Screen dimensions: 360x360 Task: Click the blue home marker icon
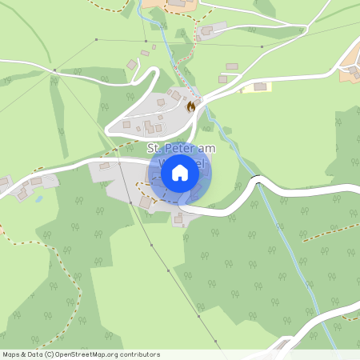pyautogui.click(x=180, y=172)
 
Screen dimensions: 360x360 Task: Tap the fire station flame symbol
pyautogui.click(x=190, y=106)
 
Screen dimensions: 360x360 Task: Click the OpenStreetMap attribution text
pyautogui.click(x=81, y=354)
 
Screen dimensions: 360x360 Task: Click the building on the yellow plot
pyautogui.click(x=260, y=86)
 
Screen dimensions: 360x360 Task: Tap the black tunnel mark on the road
pyautogui.click(x=256, y=178)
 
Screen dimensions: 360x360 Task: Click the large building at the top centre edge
pyautogui.click(x=177, y=3)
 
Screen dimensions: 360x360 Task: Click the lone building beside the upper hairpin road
pyautogui.click(x=132, y=64)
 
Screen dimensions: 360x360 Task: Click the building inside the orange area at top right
pyautogui.click(x=353, y=70)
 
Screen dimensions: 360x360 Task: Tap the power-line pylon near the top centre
pyautogui.click(x=197, y=38)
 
